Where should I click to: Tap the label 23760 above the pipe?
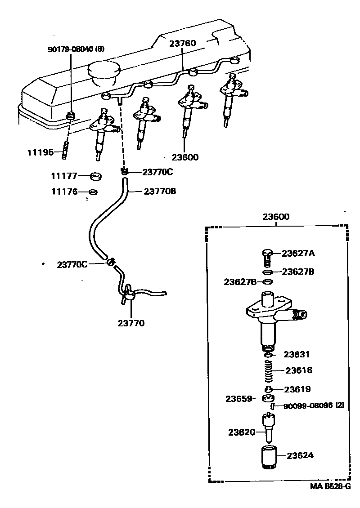(x=183, y=44)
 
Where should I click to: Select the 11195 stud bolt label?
(x=40, y=152)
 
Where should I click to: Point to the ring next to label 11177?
(x=95, y=177)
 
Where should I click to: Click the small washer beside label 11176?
(x=93, y=192)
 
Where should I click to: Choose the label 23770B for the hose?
(x=160, y=192)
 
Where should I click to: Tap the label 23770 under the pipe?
(x=131, y=323)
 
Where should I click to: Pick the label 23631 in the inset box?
(x=297, y=354)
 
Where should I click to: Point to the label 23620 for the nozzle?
(x=242, y=432)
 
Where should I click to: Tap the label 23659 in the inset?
(x=238, y=399)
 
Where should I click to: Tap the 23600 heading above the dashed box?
(x=276, y=217)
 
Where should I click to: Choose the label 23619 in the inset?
(x=297, y=389)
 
